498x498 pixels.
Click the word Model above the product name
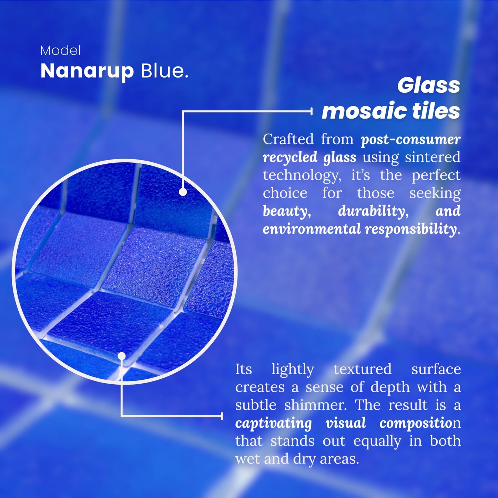[x=60, y=51]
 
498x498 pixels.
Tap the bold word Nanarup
[x=87, y=71]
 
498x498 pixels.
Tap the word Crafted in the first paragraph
[x=288, y=139]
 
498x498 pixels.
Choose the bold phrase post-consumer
[x=410, y=139]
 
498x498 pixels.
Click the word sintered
[x=433, y=157]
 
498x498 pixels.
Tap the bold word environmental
[x=312, y=229]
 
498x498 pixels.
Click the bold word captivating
[x=273, y=423]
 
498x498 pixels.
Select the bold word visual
[x=345, y=423]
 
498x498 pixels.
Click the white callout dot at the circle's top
[x=183, y=192]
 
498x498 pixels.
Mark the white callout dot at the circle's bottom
[x=122, y=356]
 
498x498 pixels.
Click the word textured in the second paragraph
[x=363, y=369]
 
